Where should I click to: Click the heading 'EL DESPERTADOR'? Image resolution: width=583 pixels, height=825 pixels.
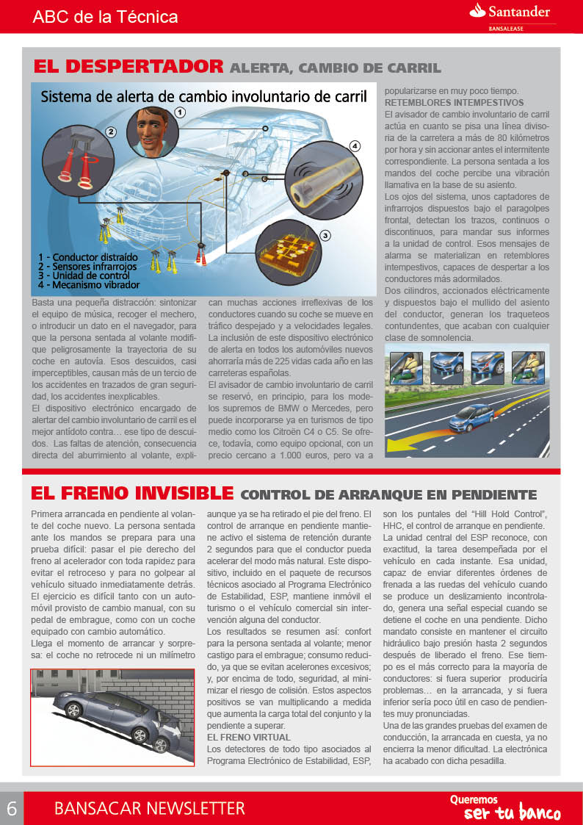tap(128, 67)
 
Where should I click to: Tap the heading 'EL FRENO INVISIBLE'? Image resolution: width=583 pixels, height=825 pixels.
tap(132, 493)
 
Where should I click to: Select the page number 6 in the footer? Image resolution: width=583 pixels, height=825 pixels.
tap(12, 808)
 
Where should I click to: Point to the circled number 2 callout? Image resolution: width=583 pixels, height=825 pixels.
tap(111, 133)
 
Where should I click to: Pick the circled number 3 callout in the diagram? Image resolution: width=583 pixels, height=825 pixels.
tap(325, 236)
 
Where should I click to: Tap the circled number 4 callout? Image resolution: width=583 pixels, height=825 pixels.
tap(355, 146)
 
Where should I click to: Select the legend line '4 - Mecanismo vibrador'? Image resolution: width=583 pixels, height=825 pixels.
tap(89, 284)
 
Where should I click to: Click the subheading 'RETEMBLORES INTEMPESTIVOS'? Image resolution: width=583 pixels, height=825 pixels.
tap(454, 103)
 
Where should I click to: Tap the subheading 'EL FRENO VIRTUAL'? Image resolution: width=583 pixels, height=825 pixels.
tap(249, 737)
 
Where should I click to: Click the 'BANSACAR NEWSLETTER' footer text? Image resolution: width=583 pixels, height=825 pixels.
tap(149, 809)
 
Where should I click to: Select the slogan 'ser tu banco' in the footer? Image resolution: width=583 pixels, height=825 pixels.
tap(512, 813)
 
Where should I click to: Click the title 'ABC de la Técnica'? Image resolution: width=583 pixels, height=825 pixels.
tap(105, 16)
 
